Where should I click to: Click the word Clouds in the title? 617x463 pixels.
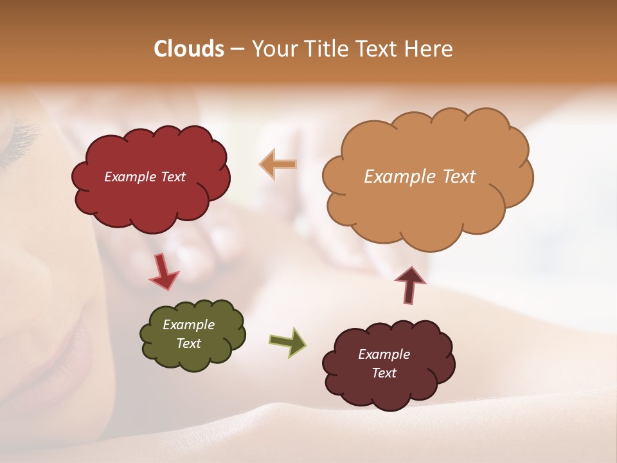pyautogui.click(x=189, y=49)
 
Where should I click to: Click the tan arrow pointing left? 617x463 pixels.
pyautogui.click(x=278, y=165)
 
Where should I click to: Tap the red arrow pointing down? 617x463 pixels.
pyautogui.click(x=163, y=271)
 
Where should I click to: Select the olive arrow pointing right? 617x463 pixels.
pyautogui.click(x=288, y=341)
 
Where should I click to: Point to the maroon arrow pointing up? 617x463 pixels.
pyautogui.click(x=410, y=284)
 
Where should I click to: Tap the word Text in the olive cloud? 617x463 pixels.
pyautogui.click(x=189, y=343)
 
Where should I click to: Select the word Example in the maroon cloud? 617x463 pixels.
pyautogui.click(x=384, y=354)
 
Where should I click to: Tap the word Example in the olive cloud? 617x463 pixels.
pyautogui.click(x=189, y=325)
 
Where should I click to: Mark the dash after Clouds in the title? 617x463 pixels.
pyautogui.click(x=237, y=49)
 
